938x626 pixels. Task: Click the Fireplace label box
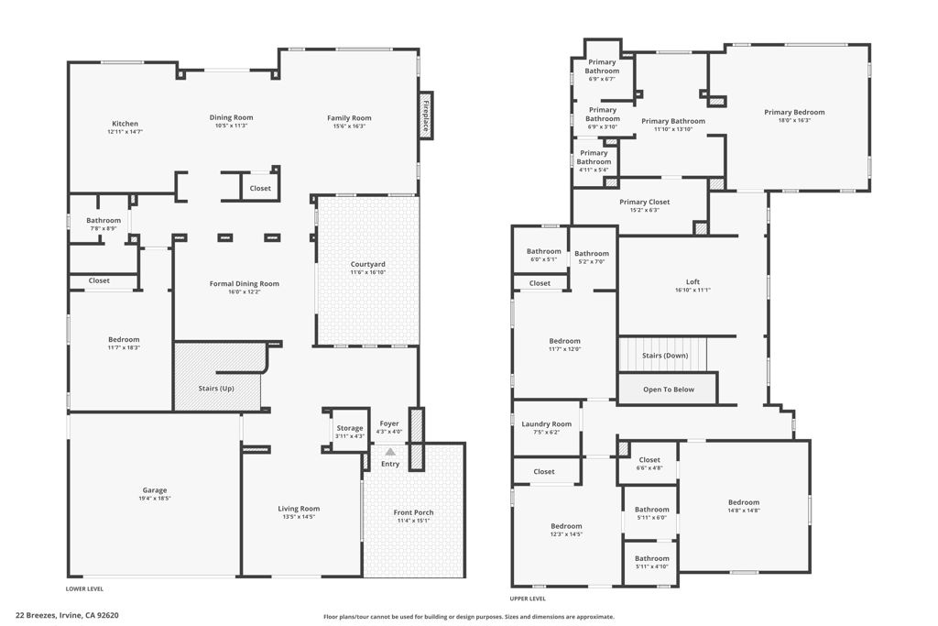pos(426,115)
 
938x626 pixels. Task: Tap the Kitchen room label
pos(125,124)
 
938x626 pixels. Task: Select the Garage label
pos(154,490)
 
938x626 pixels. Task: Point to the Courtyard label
pos(367,265)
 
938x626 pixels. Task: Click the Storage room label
pos(349,428)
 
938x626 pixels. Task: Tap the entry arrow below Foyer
pos(390,451)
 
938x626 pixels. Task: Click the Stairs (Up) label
pos(216,389)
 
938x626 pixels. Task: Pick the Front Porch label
pos(413,512)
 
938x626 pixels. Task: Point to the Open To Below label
pos(668,390)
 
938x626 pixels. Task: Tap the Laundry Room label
pos(546,424)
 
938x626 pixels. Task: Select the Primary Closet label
pos(644,202)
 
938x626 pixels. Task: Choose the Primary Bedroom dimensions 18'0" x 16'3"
pos(793,120)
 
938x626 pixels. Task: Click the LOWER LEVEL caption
pos(86,589)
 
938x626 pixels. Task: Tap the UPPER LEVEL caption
pos(528,599)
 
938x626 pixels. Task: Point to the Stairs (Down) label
pos(664,355)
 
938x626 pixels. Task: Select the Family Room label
pos(349,117)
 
